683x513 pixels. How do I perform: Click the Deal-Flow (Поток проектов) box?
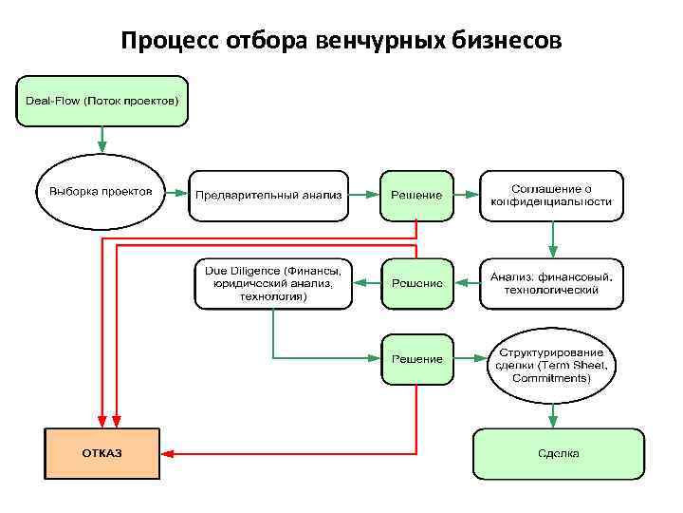pos(102,101)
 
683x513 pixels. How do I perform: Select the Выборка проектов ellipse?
pos(101,192)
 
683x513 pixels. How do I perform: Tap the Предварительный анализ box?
pos(268,195)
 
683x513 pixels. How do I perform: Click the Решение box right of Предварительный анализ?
pos(416,195)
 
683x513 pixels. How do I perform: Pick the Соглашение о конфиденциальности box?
pos(551,195)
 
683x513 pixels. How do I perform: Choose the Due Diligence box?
pos(273,283)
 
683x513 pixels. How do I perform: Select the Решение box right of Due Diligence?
pos(416,283)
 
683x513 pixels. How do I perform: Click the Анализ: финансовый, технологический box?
pos(551,283)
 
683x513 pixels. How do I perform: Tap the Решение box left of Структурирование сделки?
pos(416,359)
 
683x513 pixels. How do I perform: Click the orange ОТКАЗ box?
pos(101,453)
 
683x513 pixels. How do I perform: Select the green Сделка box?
pos(558,453)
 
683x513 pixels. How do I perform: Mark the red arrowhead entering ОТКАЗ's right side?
pos(169,453)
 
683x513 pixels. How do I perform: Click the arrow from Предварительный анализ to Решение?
pos(363,195)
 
